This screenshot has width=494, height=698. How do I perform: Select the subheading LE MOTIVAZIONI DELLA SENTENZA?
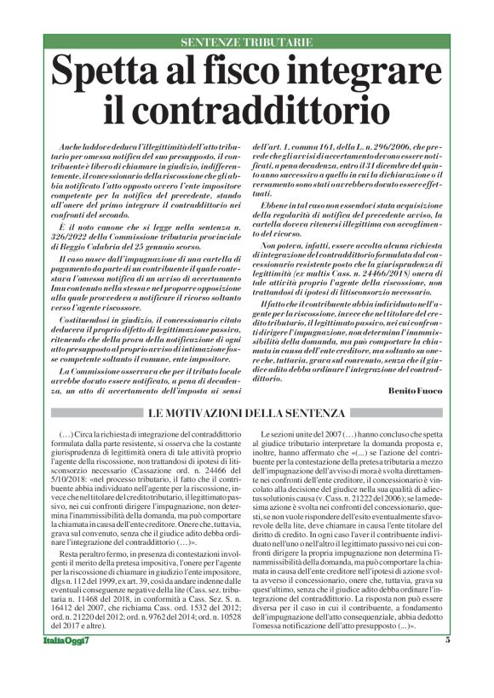[x=247, y=414]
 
